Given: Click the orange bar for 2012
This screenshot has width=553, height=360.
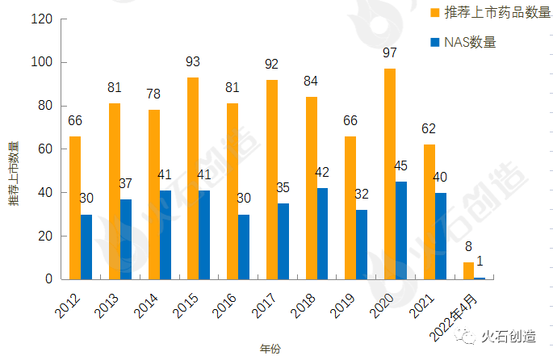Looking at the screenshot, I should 75,207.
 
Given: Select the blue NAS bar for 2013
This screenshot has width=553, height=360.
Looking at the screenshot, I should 126,239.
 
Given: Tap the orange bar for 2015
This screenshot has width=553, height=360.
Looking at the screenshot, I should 193,178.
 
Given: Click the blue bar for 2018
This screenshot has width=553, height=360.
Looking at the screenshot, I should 323,233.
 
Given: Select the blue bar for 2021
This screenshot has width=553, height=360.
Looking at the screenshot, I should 441,236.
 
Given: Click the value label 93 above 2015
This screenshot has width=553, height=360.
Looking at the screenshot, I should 192,61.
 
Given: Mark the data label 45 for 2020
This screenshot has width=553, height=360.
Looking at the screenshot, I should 401,166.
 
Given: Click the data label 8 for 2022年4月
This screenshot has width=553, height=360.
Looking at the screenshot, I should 469,246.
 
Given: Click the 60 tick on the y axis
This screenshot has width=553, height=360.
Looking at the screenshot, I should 45,149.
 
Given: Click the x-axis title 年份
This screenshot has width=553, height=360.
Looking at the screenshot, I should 270,349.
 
